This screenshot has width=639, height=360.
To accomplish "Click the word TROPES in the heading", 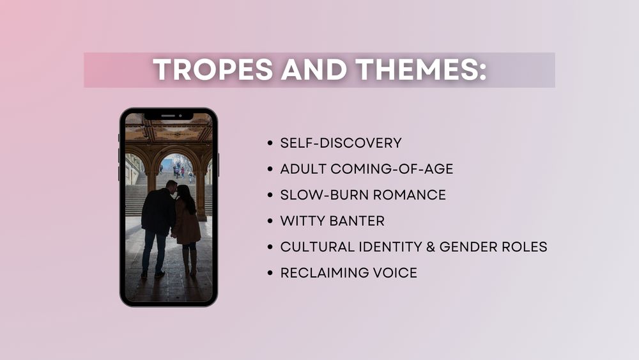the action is click(213, 69).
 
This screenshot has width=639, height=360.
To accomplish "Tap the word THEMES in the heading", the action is click(421, 69).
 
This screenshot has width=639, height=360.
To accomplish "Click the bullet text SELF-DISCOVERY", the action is click(341, 143).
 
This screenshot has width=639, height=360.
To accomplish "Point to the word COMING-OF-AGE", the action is click(392, 169).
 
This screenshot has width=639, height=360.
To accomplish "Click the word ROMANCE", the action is click(410, 195).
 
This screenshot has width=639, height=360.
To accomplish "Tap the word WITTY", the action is click(303, 221).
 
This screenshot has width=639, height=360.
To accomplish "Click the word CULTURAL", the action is click(318, 247).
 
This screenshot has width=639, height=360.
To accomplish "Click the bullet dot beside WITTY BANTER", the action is click(270, 221).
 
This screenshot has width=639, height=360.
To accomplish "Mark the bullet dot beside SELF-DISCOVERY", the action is click(270, 143).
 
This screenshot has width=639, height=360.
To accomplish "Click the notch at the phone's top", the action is click(169, 116).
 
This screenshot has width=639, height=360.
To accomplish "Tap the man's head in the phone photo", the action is click(171, 187).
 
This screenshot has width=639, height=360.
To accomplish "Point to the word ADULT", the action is click(303, 169).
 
